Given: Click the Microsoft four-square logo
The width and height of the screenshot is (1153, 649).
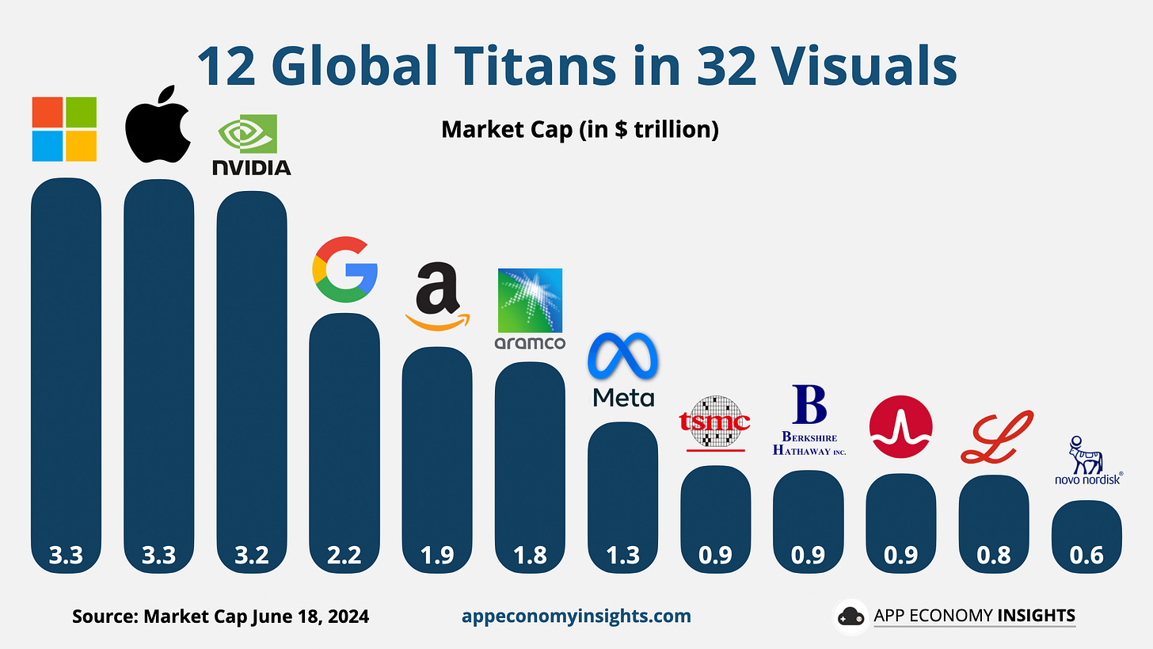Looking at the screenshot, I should (64, 129).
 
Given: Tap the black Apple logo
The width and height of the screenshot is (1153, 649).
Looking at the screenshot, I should (158, 124).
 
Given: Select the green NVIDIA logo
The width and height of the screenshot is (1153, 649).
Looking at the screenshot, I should (251, 144).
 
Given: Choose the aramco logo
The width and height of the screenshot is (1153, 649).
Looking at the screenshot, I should (530, 310).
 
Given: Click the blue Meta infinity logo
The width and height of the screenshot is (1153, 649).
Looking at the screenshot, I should (623, 369).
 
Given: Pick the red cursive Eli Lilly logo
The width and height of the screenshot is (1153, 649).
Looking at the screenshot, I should (996, 437).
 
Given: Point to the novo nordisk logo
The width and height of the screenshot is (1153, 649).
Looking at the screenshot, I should (1087, 460).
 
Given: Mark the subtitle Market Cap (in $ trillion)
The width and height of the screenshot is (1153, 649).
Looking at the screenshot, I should (580, 129).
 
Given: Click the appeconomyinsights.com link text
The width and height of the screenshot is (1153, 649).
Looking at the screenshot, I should (576, 616).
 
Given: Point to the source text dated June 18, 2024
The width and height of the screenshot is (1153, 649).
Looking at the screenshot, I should (220, 616).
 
